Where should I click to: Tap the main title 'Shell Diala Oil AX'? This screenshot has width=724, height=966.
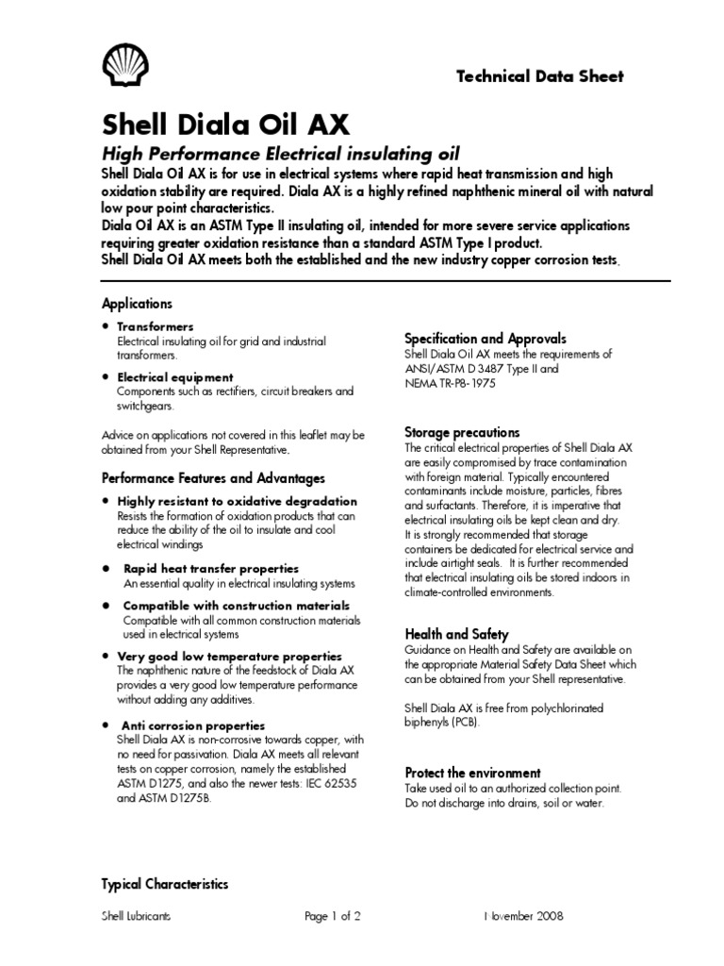point(225,125)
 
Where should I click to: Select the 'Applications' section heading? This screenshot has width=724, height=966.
point(137,304)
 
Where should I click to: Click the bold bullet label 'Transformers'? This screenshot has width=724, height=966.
point(155,326)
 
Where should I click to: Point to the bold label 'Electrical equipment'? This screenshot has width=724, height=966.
point(174,377)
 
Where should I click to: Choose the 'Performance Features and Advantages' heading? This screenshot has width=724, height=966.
point(213,478)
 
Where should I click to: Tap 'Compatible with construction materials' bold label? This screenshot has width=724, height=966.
point(237,606)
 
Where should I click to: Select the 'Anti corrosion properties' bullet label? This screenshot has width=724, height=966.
point(193,725)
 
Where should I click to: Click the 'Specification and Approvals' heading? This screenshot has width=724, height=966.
point(485,338)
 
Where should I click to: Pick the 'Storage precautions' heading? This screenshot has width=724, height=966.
point(462,432)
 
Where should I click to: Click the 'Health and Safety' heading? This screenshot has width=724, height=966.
point(456,634)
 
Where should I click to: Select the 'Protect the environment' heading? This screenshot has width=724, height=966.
point(472,773)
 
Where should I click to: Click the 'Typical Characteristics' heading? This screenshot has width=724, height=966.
point(165,884)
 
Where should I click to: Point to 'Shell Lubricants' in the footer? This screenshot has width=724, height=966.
point(136,916)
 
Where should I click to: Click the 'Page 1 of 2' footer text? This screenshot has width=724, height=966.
point(333,916)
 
